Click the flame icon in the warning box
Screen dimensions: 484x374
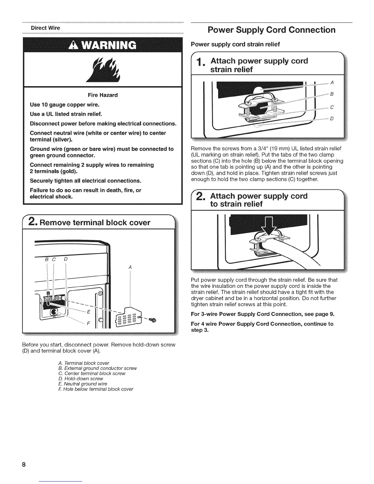(x=104, y=70)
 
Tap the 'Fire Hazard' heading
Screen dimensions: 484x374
(x=103, y=95)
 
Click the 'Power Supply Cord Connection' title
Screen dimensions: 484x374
(x=271, y=30)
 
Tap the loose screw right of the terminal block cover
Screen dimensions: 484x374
(x=152, y=320)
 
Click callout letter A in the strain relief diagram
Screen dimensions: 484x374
(x=332, y=83)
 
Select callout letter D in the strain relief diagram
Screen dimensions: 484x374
(x=332, y=119)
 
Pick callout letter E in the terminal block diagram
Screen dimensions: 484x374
(x=89, y=312)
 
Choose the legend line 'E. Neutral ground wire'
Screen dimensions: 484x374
(x=82, y=384)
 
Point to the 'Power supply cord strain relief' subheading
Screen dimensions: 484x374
(x=235, y=44)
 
